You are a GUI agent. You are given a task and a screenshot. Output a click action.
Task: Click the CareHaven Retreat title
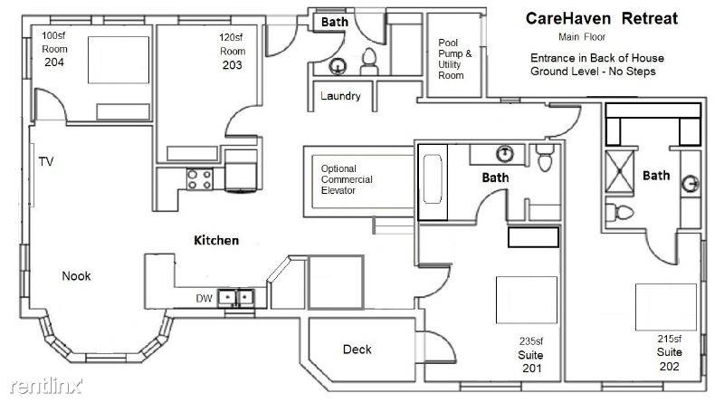coord(601,18)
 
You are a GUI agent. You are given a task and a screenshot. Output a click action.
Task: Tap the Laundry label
coord(340,96)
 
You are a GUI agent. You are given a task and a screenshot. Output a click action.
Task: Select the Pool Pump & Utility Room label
coord(455,59)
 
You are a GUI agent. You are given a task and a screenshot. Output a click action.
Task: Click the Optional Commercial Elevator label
coord(347,179)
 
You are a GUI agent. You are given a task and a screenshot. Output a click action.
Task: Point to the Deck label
coord(357,350)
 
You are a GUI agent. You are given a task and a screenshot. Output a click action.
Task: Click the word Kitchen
coord(216,240)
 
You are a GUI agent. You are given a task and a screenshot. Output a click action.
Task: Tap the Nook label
coord(76,276)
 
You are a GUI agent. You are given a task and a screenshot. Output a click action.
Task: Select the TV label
coord(46,161)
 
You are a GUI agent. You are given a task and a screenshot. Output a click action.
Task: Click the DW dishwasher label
coord(204,299)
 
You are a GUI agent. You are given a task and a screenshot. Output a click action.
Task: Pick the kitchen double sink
coord(235,297)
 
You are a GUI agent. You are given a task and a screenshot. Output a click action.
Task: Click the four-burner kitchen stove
coord(200,179)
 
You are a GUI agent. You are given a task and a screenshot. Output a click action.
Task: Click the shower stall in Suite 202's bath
coord(619,171)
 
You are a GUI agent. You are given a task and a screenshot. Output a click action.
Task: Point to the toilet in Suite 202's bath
coord(620,213)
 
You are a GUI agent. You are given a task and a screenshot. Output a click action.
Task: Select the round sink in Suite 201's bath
coord(505,153)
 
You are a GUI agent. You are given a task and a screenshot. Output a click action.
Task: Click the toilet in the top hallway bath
coord(369,62)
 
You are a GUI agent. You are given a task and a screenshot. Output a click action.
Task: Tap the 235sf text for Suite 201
coord(531,341)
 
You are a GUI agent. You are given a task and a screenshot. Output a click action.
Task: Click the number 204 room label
coord(54,62)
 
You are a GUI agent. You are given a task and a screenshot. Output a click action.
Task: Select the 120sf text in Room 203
coord(231,37)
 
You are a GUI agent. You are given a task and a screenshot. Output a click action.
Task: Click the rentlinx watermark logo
coord(46,386)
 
